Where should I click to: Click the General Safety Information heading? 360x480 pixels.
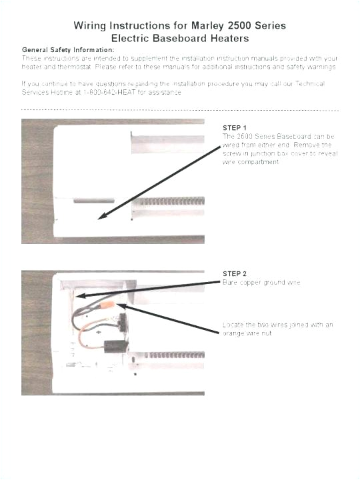click(x=67, y=50)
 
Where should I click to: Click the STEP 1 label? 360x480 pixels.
click(x=235, y=127)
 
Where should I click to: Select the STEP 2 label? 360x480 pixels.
click(x=235, y=274)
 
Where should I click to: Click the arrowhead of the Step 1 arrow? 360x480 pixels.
click(x=99, y=217)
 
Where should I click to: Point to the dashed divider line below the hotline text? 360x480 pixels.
click(x=180, y=110)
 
